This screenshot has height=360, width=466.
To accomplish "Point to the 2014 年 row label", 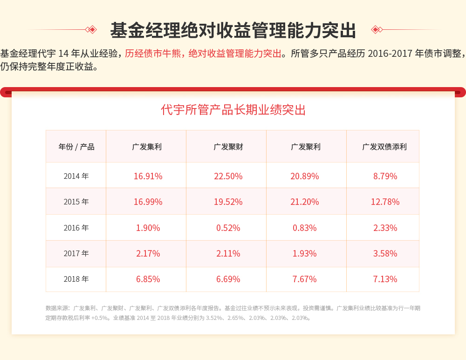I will tap(76, 176).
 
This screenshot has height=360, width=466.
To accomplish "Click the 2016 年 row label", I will tap(76, 228).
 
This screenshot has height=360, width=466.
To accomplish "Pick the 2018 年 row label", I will tap(76, 279).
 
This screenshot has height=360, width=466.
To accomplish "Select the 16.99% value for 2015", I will tap(148, 202).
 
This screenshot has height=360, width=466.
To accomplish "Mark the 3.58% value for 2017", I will tap(385, 253).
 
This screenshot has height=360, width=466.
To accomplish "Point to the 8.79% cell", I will tap(385, 176).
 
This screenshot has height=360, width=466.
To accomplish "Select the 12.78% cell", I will tap(385, 202).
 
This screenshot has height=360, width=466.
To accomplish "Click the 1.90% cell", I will tap(148, 228).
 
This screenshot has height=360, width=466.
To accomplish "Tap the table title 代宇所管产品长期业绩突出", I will tap(233, 110).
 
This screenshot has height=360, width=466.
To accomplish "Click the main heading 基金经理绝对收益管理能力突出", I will tap(233, 30).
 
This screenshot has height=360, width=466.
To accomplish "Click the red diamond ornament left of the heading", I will tap(92, 29).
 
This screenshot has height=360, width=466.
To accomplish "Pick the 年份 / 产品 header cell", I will tap(76, 147).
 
